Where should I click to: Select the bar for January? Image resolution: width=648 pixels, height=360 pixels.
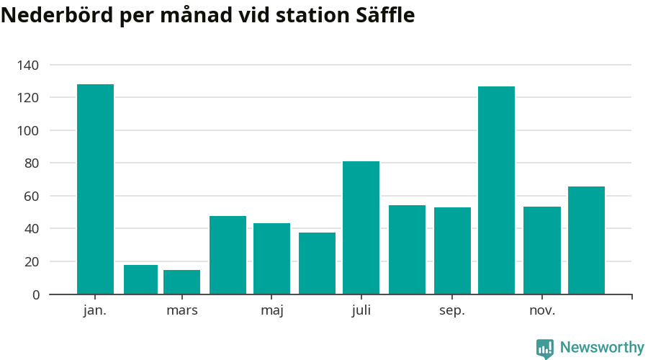coord(95,189)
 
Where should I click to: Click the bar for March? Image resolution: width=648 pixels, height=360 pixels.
coord(181,282)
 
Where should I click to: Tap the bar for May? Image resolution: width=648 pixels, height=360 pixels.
coord(271,258)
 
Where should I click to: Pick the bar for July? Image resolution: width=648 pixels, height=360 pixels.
coord(361,228)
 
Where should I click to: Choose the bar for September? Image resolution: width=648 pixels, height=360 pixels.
coord(452,251)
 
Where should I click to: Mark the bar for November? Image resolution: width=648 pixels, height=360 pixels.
coord(541,251)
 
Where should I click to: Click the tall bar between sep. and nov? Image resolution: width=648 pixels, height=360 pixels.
coord(496,190)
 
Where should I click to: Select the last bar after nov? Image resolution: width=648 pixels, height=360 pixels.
coord(586,240)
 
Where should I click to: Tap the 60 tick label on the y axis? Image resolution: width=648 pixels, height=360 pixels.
coord(31,196)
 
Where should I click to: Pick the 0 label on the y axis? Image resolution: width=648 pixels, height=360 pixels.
coord(35,294)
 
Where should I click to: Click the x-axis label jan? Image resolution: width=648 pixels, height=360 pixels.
coord(95,311)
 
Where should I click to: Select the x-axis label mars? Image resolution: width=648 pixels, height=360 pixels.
coord(181,311)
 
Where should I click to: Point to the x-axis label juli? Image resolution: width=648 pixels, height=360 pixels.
coord(361,311)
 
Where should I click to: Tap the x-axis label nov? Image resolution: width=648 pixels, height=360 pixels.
coord(541,311)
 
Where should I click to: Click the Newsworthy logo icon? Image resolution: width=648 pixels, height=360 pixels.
coord(545,348)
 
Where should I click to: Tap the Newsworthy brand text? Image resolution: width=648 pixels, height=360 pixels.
coord(602,348)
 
